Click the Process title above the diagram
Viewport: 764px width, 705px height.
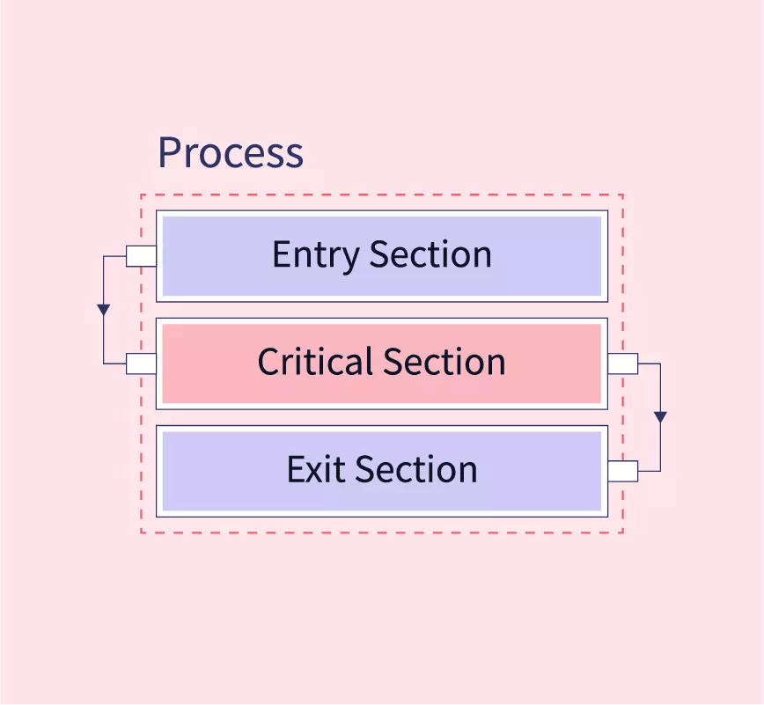pos(231,153)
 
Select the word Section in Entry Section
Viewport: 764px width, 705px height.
pos(430,254)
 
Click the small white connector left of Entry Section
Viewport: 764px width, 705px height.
pos(141,256)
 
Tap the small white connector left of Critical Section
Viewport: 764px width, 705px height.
pos(141,364)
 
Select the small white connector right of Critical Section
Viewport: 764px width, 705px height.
pos(623,364)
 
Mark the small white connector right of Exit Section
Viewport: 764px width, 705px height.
pos(623,471)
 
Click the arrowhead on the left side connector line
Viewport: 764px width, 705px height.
pos(104,310)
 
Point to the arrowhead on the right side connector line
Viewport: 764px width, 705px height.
pos(660,417)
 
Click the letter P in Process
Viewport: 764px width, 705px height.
pos(170,152)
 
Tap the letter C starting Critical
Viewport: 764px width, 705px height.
pos(268,362)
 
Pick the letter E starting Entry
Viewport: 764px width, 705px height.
pos(281,254)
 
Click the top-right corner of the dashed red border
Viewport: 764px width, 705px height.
pos(623,195)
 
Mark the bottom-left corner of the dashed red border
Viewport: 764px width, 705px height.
pos(141,532)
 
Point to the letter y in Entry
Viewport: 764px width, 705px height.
pos(353,259)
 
